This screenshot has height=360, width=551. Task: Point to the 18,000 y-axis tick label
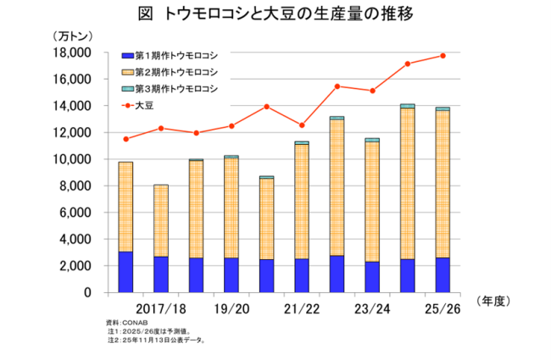pyautogui.click(x=73, y=53)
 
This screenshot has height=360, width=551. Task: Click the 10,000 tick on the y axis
pyautogui.click(x=73, y=159)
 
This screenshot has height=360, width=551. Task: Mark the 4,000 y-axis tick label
pyautogui.click(x=75, y=239)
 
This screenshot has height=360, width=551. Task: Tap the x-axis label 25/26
pyautogui.click(x=442, y=311)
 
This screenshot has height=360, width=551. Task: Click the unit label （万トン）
pyautogui.click(x=73, y=36)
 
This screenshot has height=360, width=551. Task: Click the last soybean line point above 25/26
pyautogui.click(x=442, y=56)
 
